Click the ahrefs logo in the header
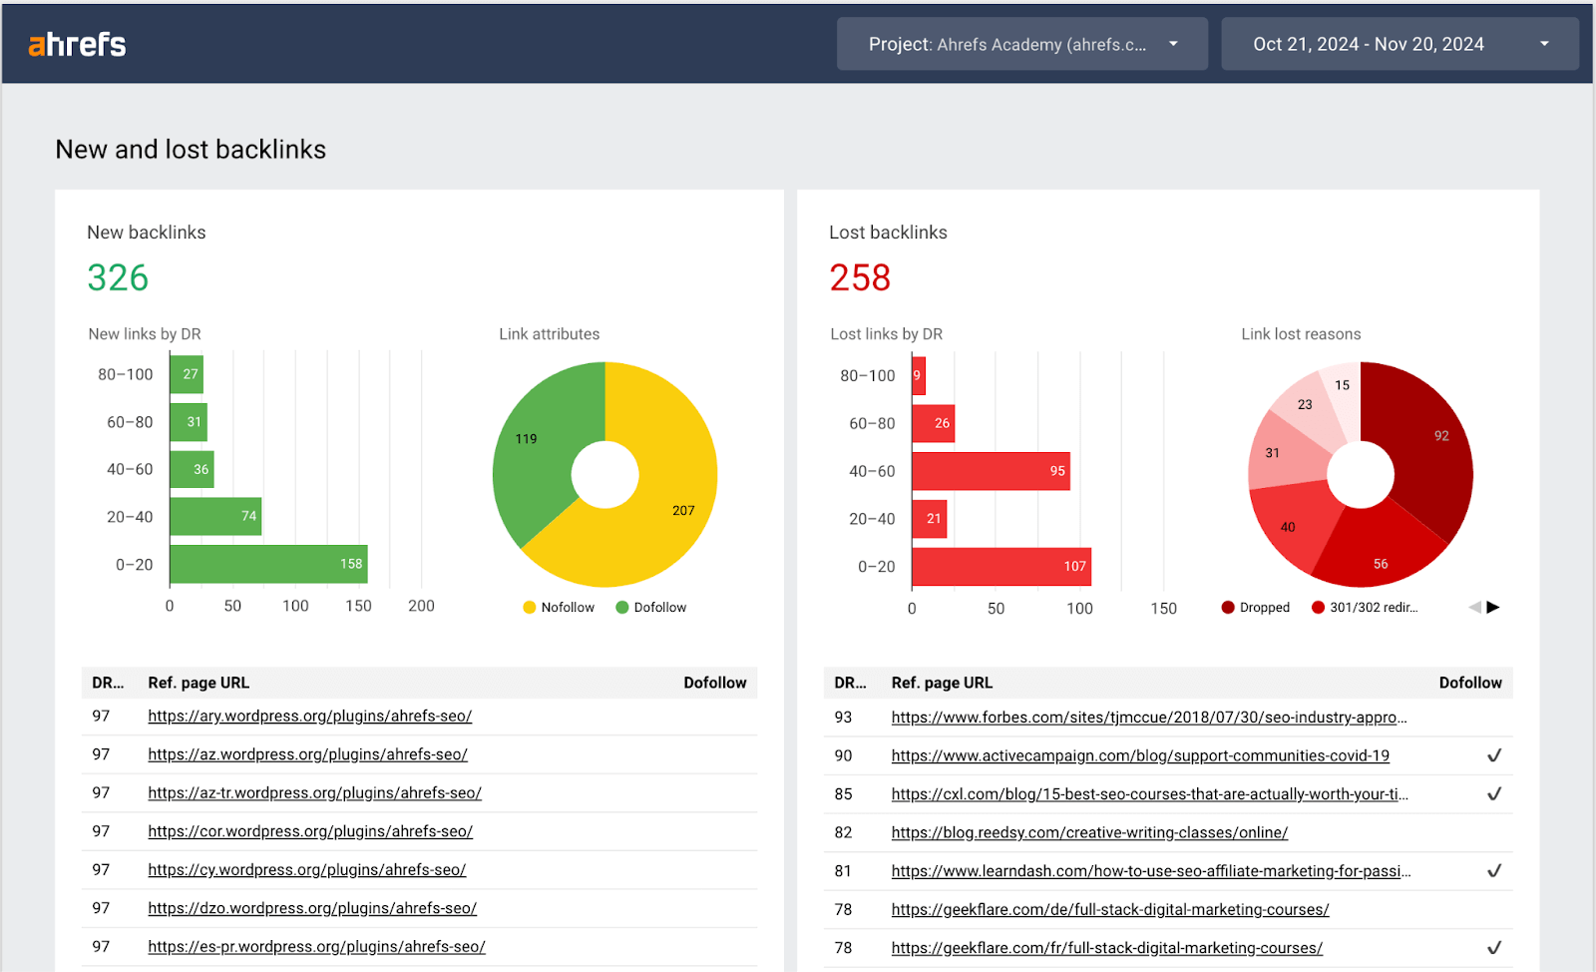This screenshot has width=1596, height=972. (x=77, y=44)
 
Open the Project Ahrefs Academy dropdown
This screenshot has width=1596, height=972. (x=1021, y=44)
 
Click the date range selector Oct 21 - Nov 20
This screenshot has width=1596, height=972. (x=1398, y=44)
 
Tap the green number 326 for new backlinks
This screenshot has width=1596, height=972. (x=118, y=277)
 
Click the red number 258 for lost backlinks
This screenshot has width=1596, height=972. (x=860, y=277)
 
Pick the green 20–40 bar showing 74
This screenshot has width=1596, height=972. (x=214, y=516)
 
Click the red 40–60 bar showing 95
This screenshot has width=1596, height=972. (x=990, y=471)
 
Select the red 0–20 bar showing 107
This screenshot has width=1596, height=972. (x=1000, y=566)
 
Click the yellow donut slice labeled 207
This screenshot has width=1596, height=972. (x=668, y=499)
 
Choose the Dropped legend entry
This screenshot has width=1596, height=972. (x=1256, y=607)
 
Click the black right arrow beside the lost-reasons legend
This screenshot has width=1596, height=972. (x=1493, y=607)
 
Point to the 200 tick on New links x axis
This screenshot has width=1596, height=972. (x=421, y=606)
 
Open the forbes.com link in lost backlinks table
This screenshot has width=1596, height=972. (x=1148, y=718)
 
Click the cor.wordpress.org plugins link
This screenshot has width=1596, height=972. (x=310, y=831)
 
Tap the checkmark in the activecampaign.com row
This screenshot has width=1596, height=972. (x=1493, y=755)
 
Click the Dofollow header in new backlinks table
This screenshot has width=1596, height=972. (x=714, y=683)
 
